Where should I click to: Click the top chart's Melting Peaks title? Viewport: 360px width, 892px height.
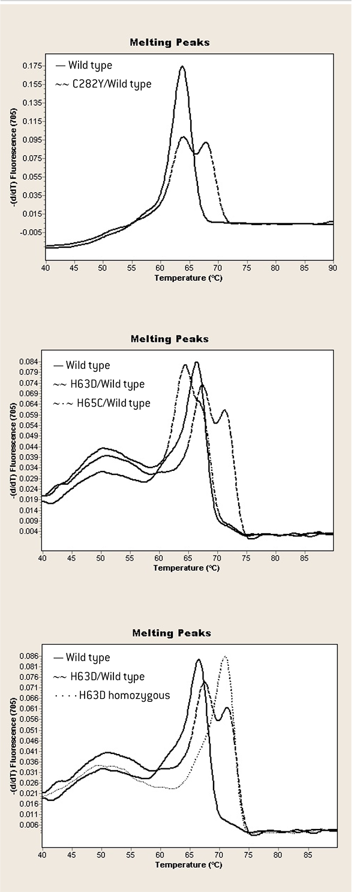pos(170,43)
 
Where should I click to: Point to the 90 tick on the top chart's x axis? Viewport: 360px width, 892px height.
pos(332,267)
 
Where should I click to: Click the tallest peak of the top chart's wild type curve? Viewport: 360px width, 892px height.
pos(182,67)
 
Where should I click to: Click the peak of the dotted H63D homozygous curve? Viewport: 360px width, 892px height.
pos(225,657)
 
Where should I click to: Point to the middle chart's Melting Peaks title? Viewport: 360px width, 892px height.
pos(170,339)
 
